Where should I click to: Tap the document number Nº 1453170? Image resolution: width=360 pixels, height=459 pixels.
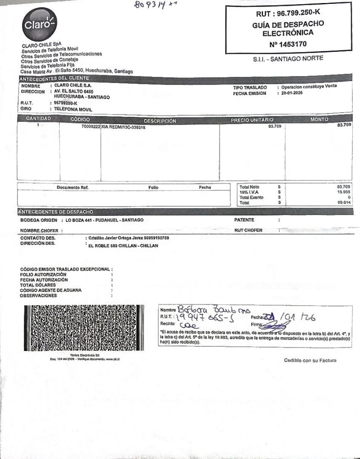288,44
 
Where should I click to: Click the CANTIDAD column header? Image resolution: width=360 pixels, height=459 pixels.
38,119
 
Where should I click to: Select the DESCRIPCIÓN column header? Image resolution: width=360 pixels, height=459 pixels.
160,121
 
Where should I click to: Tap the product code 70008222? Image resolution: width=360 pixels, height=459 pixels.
91,127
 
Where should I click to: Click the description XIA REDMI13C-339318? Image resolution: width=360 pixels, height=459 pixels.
123,127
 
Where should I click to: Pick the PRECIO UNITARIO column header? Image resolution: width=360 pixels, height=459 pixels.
252,120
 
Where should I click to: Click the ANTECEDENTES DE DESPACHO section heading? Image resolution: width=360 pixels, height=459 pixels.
56,212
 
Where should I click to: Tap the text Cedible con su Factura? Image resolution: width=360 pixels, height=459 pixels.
310,360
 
